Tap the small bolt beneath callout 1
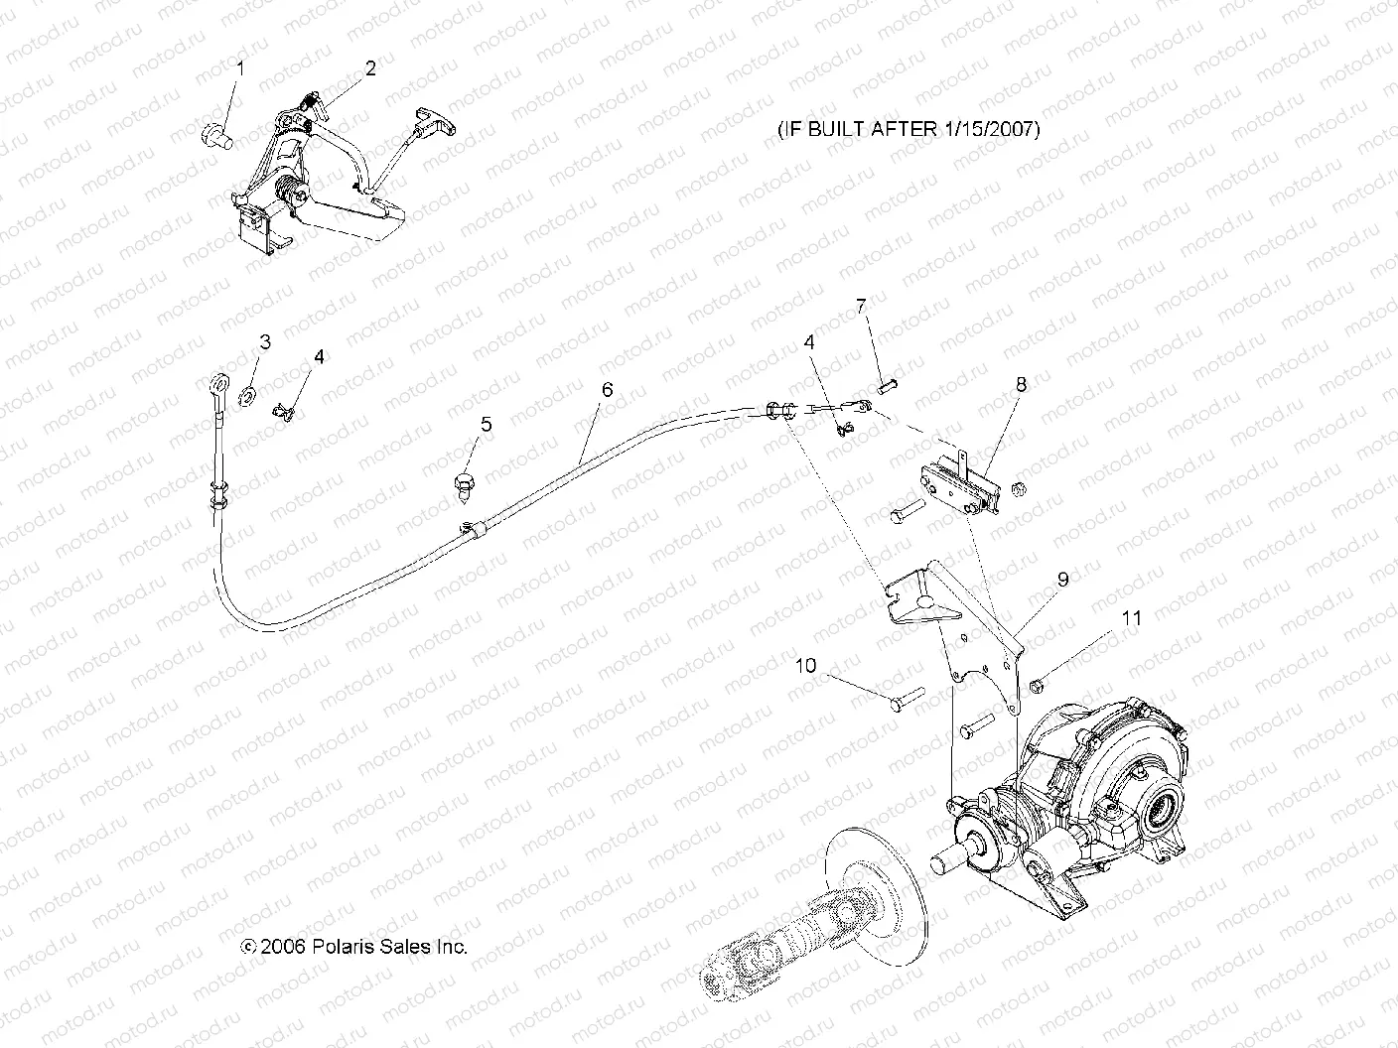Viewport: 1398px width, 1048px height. (215, 135)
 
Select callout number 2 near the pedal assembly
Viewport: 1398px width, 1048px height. (370, 68)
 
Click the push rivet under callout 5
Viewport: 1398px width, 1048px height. (463, 484)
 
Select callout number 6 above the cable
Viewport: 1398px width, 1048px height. (607, 390)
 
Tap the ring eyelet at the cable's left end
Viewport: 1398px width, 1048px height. (218, 383)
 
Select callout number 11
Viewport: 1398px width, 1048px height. (1131, 618)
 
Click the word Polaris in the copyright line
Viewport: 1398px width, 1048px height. (348, 946)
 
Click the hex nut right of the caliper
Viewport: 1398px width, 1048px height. (1016, 488)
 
